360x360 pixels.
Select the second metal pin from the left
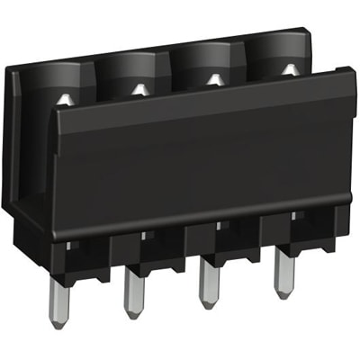[x=133, y=287]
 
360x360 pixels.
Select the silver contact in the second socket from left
[x=139, y=88]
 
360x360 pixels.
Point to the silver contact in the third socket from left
[x=214, y=79]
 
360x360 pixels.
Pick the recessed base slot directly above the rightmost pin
[x=280, y=236]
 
